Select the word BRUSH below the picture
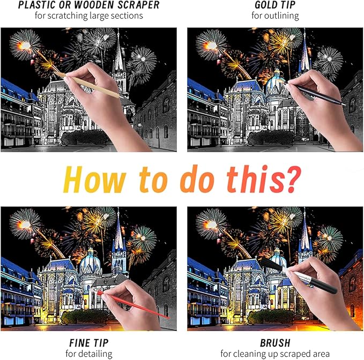275,343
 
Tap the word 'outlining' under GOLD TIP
282,16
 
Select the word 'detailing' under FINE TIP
96,354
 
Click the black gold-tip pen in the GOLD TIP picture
315,93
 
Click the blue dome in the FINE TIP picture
91,262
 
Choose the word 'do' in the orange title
195,179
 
